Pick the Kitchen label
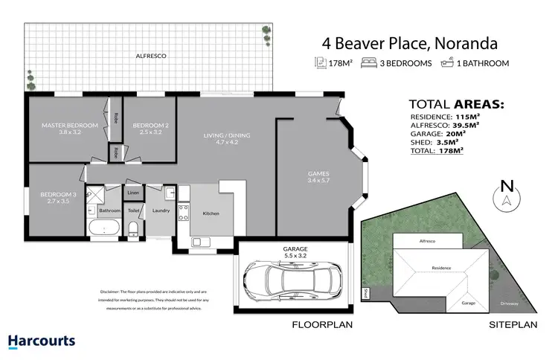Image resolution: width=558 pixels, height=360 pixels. pos(211,213)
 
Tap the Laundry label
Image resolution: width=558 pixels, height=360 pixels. pos(160,210)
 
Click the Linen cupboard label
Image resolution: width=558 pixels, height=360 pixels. pos(134,193)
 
